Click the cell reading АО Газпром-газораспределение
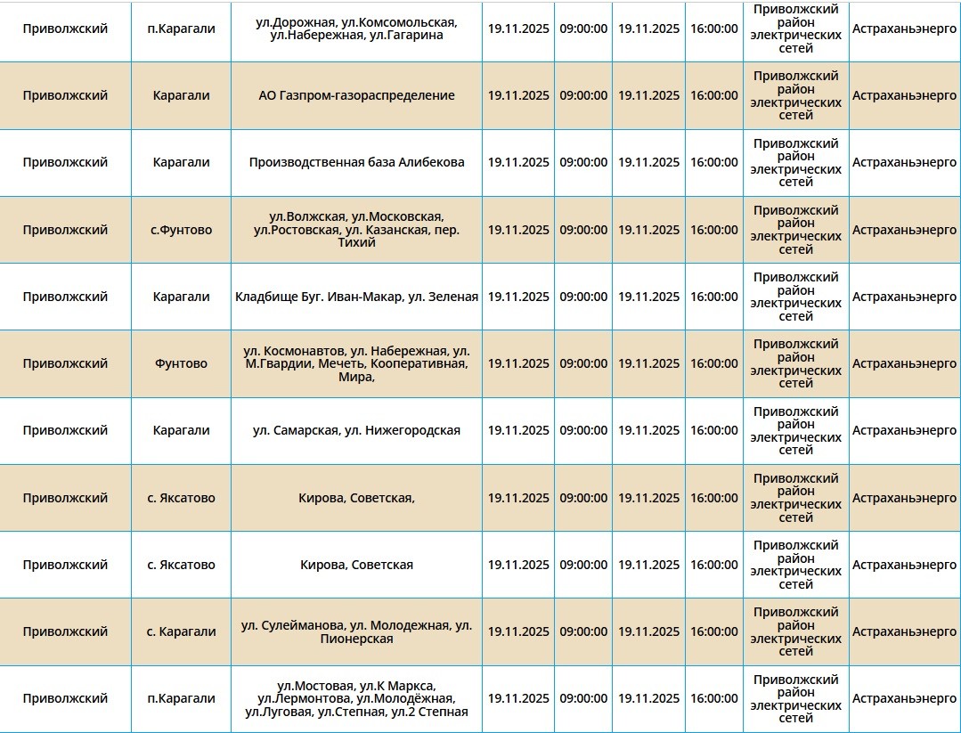point(356,95)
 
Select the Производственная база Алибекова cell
point(356,162)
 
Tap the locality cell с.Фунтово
point(181,230)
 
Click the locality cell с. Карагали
point(181,631)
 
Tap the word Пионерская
point(356,639)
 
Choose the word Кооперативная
point(419,363)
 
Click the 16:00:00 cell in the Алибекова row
point(713,162)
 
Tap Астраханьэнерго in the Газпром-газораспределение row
point(904,95)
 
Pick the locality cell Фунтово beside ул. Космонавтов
point(181,363)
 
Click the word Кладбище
point(265,297)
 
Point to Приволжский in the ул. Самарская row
point(65,430)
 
